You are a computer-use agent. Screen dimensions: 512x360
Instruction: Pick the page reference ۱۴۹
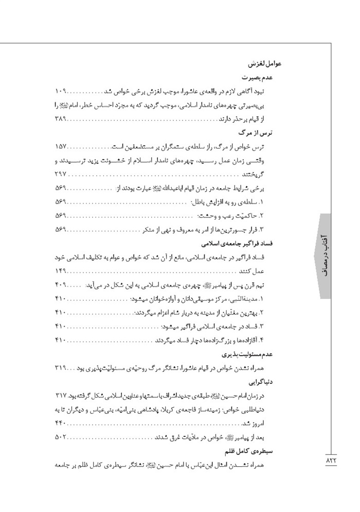point(61,271)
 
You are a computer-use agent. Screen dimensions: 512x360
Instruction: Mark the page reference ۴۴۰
point(61,423)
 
